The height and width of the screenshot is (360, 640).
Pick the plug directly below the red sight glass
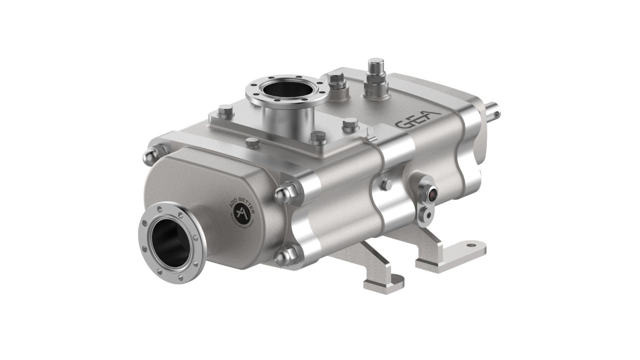pyautogui.click(x=426, y=214)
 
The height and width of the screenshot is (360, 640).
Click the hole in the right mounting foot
pyautogui.click(x=471, y=246)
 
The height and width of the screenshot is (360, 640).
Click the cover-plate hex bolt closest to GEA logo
pyautogui.click(x=349, y=126)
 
